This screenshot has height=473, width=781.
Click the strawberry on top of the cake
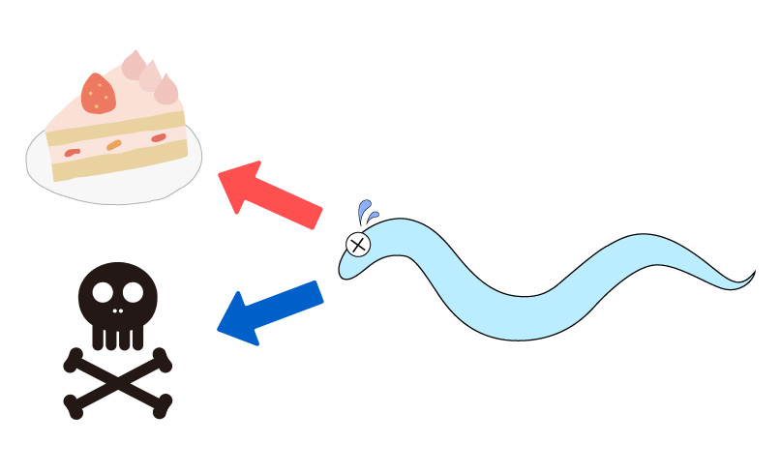pos(98,93)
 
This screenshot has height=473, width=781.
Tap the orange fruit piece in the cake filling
pos(114,145)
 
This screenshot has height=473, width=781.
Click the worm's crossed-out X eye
pos(358,244)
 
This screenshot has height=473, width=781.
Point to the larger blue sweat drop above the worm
pos(365,210)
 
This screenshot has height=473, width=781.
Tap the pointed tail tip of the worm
pos(753,274)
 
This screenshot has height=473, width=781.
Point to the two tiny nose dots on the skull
pos(117,310)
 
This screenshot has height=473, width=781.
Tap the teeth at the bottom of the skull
pos(118,337)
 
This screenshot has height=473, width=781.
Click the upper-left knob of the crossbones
pos(72,362)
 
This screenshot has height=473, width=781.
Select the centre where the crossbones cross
pos(118,382)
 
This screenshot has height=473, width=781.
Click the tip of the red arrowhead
pos(222,174)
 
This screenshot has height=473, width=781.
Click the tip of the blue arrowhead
pos(219,330)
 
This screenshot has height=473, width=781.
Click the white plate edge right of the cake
pos(195,155)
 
